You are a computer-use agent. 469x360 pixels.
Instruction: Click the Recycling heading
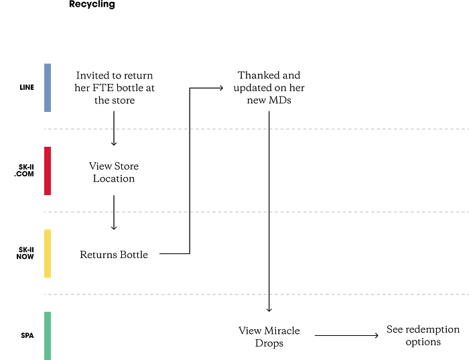[92, 4]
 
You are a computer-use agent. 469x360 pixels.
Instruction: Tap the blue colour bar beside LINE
[48, 88]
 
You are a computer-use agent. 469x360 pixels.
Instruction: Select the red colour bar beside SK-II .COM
[48, 171]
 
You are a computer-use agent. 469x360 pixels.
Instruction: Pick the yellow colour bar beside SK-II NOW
[48, 253]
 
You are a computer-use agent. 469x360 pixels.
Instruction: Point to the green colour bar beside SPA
[48, 336]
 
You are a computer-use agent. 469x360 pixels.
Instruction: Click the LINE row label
[27, 87]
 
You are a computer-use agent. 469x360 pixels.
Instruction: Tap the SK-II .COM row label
[24, 170]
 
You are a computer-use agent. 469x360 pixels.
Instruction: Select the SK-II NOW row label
[25, 253]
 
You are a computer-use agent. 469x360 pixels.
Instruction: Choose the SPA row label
[27, 335]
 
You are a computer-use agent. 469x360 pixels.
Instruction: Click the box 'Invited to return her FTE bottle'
[115, 88]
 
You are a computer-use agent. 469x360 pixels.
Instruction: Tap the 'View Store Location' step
[114, 172]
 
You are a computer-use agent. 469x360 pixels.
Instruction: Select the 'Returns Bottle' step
[114, 254]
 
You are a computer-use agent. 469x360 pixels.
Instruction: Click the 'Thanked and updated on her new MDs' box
[269, 87]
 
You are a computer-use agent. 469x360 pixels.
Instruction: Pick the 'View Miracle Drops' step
[269, 337]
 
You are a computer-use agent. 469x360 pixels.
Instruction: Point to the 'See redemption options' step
[423, 335]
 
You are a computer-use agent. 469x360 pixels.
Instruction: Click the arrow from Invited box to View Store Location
[114, 128]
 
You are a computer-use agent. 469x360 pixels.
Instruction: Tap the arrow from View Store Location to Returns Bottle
[114, 213]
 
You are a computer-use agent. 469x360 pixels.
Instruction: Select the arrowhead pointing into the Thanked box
[222, 88]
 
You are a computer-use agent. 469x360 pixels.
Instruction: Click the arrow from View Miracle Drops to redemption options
[346, 335]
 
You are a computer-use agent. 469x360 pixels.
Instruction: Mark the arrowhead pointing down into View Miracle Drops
[269, 310]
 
